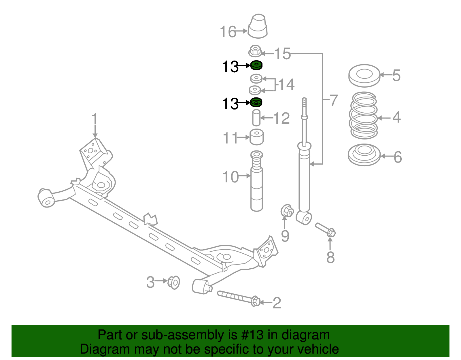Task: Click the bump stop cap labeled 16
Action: coord(258,27)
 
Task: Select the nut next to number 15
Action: coord(255,52)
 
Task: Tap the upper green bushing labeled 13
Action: coord(256,65)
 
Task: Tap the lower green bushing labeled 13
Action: coord(256,102)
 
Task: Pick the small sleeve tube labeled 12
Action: coord(256,118)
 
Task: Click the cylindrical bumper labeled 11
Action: coord(256,137)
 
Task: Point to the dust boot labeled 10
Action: coord(256,182)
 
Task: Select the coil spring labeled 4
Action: coord(364,115)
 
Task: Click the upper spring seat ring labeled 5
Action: coord(364,76)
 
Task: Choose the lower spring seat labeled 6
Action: coord(364,155)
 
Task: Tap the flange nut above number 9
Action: coord(287,211)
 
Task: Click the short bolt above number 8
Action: coord(326,229)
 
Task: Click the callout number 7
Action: coord(333,100)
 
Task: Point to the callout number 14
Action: coord(286,84)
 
